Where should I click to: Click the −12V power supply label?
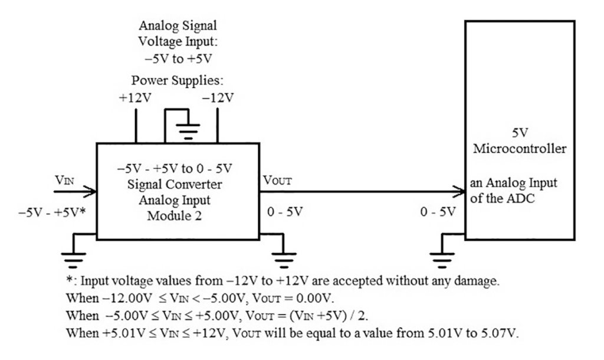tap(218, 97)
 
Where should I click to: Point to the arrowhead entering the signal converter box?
tap(91, 191)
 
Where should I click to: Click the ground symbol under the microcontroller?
tap(439, 256)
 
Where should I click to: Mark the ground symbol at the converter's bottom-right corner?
tap(284, 256)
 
